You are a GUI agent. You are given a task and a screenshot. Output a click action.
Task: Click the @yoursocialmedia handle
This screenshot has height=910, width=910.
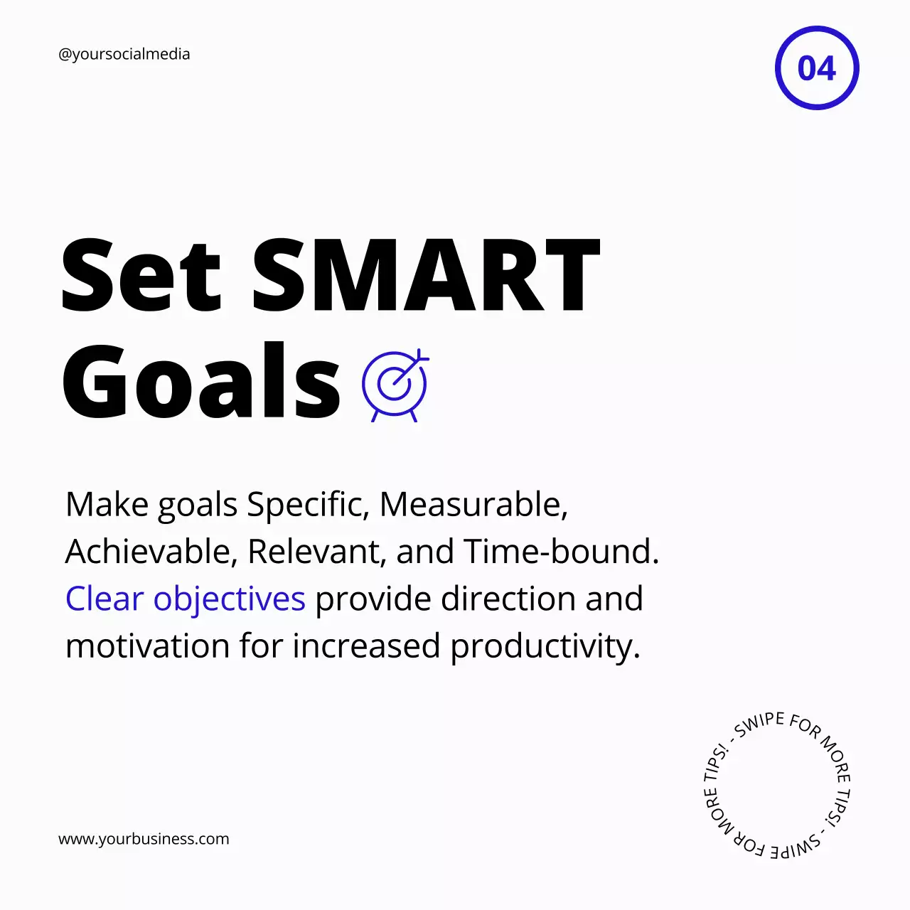tap(124, 55)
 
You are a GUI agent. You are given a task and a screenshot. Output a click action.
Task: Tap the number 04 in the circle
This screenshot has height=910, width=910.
tap(817, 68)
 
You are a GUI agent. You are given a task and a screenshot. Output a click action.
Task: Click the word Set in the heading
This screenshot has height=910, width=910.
tap(141, 275)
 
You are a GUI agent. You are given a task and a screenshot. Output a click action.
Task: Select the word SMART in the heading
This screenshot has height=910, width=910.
tap(427, 275)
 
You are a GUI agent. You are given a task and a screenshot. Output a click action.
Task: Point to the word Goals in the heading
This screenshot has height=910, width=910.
tap(201, 382)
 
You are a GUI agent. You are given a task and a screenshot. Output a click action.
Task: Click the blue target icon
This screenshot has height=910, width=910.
tap(395, 385)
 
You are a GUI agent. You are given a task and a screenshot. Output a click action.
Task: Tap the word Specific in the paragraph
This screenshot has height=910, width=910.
tap(308, 505)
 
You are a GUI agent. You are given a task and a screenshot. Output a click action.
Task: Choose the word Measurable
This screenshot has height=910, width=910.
tap(473, 505)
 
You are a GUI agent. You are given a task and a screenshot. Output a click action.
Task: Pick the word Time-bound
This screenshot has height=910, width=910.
tap(562, 552)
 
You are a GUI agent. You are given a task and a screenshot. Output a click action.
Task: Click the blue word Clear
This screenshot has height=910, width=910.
tap(105, 599)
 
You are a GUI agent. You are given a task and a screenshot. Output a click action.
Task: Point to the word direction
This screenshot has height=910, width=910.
tap(508, 599)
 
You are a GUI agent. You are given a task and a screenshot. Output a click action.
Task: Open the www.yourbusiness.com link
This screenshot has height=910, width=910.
tap(144, 839)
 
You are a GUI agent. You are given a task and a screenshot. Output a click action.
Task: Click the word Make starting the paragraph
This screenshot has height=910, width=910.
tap(107, 505)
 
